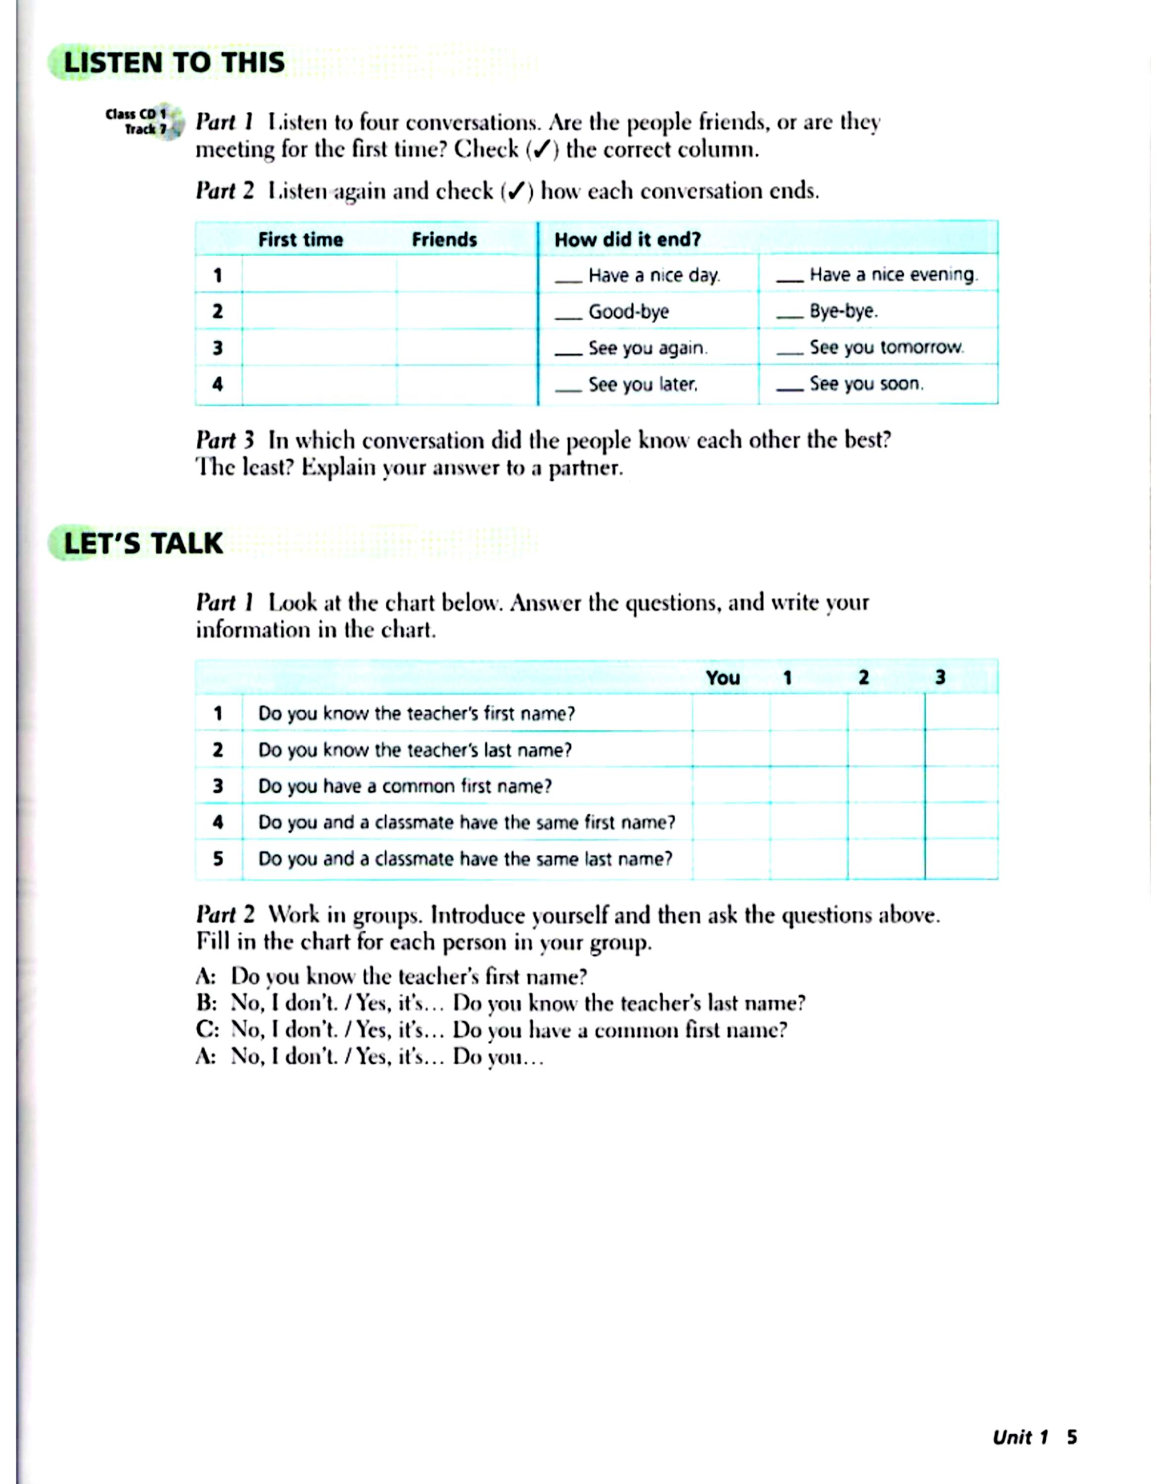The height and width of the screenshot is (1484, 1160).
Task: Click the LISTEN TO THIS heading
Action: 174,62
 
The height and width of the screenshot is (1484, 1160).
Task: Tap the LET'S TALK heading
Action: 143,544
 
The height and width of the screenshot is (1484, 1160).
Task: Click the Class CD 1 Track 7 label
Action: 137,122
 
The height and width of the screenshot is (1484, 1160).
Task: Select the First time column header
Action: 300,240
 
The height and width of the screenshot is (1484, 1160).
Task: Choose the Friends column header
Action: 444,240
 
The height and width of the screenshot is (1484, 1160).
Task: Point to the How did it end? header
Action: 627,240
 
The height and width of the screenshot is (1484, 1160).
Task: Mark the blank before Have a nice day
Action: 568,280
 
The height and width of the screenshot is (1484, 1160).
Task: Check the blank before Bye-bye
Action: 789,316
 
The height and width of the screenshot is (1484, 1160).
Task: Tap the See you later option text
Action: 643,384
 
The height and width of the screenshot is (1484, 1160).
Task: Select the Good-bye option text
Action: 629,312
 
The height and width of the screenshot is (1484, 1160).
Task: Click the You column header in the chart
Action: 722,678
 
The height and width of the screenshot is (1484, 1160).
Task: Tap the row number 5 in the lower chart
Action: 218,859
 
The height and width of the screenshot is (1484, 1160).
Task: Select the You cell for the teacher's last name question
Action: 731,749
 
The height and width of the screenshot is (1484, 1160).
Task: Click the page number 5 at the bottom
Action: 1071,1437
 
